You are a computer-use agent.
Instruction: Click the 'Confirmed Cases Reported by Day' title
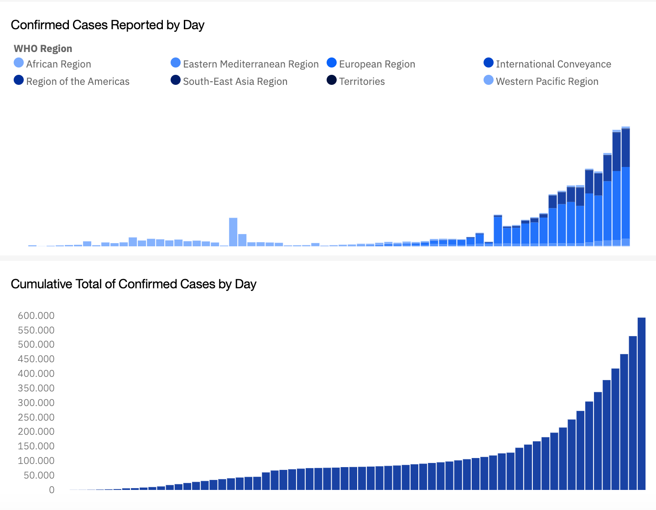(107, 25)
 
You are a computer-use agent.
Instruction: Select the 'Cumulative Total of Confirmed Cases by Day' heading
(133, 284)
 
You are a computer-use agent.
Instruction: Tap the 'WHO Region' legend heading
(43, 49)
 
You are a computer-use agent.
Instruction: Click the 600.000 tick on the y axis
(36, 316)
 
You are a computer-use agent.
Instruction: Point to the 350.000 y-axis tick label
(36, 388)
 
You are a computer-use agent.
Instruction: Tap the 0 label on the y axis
(52, 490)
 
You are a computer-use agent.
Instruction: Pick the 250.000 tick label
(36, 417)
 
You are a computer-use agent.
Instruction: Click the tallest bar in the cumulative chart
(641, 404)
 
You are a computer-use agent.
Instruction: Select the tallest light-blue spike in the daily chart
(233, 232)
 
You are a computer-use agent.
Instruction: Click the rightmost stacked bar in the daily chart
(625, 187)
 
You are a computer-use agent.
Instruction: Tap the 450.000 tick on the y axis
(36, 359)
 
